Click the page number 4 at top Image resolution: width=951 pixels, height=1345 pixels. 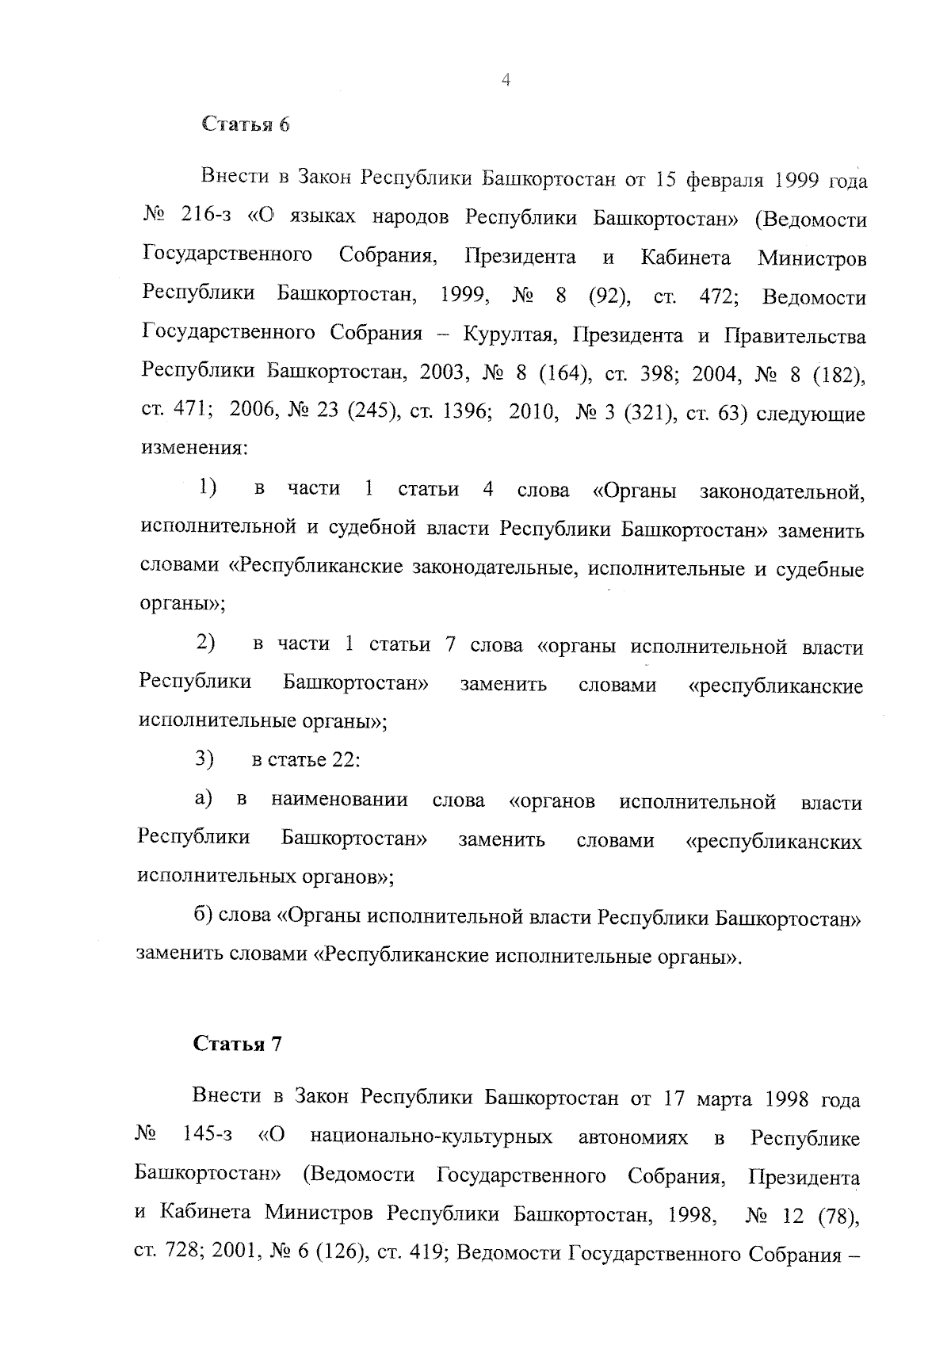pyautogui.click(x=506, y=79)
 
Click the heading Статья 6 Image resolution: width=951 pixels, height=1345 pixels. pyautogui.click(x=246, y=125)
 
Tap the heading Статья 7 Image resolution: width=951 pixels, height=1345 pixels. pyautogui.click(x=238, y=1044)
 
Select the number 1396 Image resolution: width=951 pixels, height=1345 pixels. pyautogui.click(x=454, y=413)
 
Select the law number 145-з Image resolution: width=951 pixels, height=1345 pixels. pyautogui.click(x=207, y=1139)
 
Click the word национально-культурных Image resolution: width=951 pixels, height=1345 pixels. pyautogui.click(x=431, y=1139)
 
